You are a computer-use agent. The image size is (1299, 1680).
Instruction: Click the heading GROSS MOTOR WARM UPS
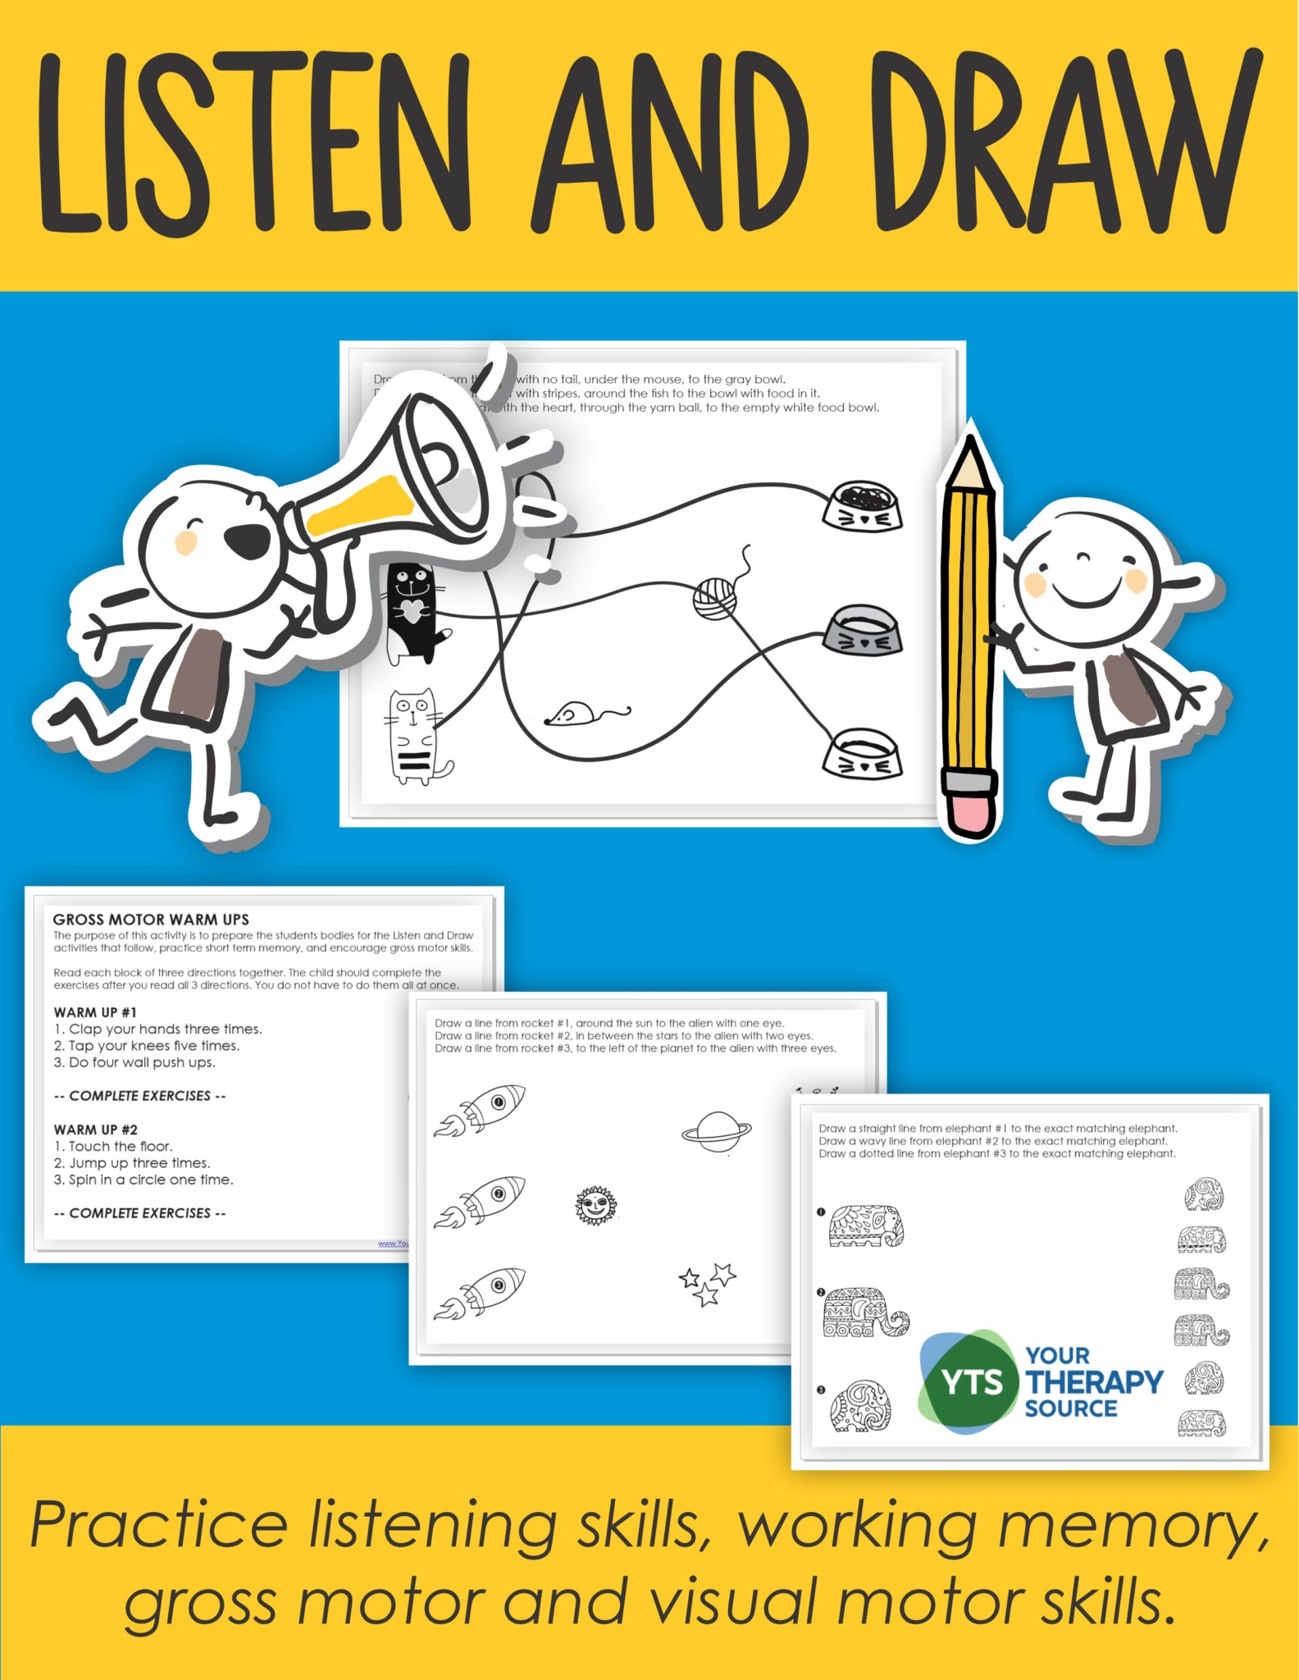click(151, 920)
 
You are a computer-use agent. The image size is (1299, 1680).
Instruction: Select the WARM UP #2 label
click(96, 1130)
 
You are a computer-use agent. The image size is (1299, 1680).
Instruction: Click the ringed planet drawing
click(717, 1132)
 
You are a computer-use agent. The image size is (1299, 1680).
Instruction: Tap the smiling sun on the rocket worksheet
click(596, 1205)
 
